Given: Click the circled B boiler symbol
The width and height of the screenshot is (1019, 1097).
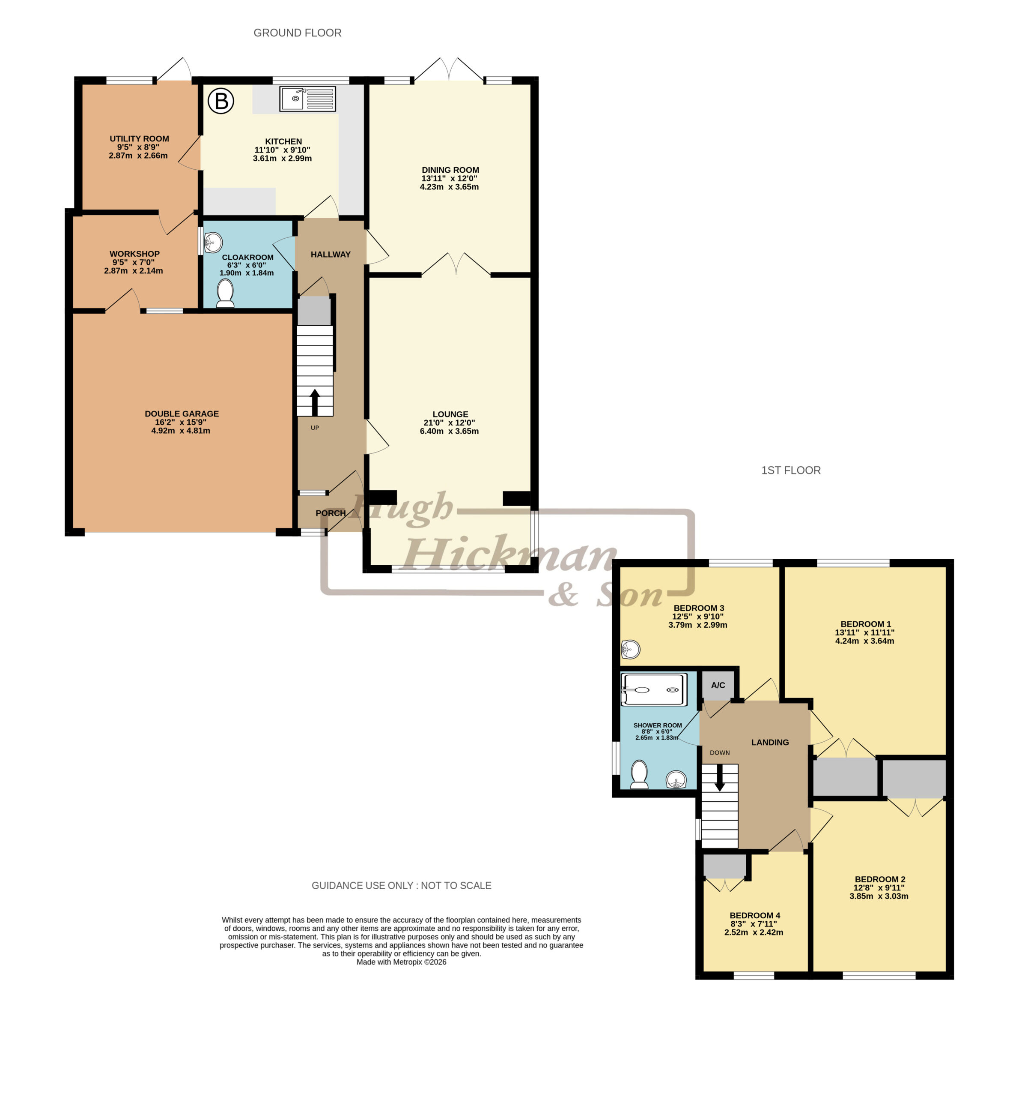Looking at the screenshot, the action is coord(221,101).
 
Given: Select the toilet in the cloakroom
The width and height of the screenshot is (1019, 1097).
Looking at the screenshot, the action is coord(225,292).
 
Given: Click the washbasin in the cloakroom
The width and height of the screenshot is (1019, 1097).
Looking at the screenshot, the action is coord(213,242).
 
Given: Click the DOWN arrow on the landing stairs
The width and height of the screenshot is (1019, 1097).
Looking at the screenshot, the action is coord(720,777).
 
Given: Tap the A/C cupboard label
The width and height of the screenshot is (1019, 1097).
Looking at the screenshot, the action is coord(718,685).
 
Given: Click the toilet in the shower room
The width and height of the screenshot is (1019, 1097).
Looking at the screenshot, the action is coord(639,775).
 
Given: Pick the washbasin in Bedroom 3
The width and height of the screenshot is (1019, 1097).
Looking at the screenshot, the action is coord(630,650).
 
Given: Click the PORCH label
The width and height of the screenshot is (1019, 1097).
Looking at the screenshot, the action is coord(331,513).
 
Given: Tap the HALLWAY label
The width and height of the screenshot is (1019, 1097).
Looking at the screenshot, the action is coord(331,255).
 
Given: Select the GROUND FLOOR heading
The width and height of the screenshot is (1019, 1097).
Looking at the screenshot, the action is coord(297,33).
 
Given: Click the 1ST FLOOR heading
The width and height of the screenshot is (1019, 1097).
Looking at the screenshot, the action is coord(791,470).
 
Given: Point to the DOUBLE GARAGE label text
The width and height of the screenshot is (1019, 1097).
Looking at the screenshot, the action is coord(182,414).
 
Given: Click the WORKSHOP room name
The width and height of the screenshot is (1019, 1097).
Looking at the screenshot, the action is coord(134,254).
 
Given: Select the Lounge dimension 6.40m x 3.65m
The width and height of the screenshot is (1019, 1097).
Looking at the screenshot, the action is coord(450,431).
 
